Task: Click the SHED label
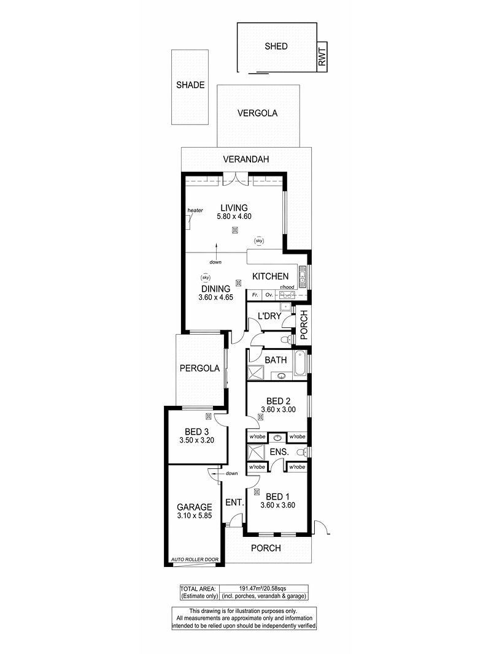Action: [x=276, y=47]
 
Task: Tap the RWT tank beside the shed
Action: [x=322, y=57]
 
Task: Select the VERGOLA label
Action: [x=257, y=113]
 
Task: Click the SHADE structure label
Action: [x=190, y=85]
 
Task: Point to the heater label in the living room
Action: [x=195, y=211]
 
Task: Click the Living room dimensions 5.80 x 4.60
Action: [x=234, y=216]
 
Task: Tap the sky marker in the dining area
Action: [x=205, y=278]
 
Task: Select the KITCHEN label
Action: [x=270, y=276]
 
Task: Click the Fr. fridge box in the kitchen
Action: [x=255, y=295]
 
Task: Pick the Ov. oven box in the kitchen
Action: [x=269, y=295]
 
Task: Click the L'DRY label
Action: [x=269, y=316]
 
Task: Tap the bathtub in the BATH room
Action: [x=300, y=364]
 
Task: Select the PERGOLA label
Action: [x=199, y=368]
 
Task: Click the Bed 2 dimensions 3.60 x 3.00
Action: [x=278, y=409]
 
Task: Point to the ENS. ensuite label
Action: [x=279, y=452]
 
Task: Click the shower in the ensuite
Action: [x=257, y=452]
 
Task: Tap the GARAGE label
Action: [x=194, y=507]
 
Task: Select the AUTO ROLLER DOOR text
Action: [x=195, y=560]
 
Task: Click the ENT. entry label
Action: [x=234, y=503]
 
